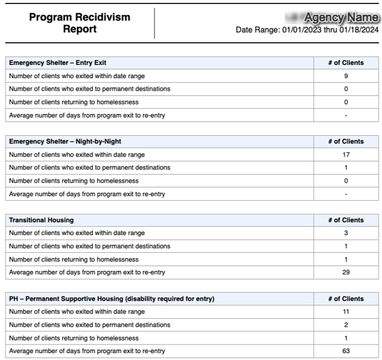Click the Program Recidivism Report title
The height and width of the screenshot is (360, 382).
(79, 23)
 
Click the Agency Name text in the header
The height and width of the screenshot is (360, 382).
(341, 18)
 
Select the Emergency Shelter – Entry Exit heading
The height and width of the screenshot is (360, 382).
(58, 63)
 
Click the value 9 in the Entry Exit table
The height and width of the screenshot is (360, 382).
(346, 76)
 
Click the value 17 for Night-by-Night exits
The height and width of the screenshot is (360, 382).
(346, 155)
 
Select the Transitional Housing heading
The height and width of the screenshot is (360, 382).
(41, 220)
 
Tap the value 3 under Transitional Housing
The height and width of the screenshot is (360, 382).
(346, 233)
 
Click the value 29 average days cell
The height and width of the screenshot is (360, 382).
(346, 273)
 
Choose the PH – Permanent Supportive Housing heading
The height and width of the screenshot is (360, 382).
(112, 299)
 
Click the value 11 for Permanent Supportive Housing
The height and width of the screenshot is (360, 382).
(346, 312)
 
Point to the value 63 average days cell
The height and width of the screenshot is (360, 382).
(346, 351)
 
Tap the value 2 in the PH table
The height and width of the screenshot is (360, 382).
(346, 325)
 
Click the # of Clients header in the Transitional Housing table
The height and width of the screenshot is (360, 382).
(346, 220)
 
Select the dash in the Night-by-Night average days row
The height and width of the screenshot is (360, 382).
(346, 194)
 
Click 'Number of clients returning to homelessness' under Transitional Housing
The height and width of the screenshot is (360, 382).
(74, 260)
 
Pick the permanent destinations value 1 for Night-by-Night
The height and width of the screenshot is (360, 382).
(346, 168)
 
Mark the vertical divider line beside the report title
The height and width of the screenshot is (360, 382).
(155, 23)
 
